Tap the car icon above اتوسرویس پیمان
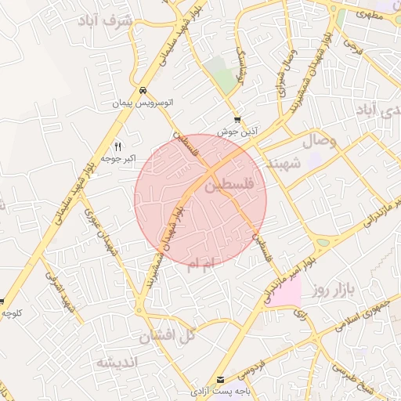[142, 90]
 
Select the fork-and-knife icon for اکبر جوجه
[118, 146]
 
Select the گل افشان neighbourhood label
[165, 337]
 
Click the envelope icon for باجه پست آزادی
[219, 379]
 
